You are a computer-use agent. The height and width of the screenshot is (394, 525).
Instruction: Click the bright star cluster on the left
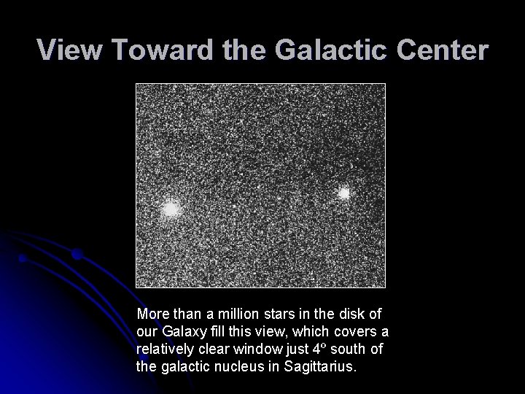(171, 209)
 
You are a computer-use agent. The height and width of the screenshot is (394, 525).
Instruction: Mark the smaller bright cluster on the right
(343, 193)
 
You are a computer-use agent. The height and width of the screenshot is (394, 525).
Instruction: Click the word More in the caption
(152, 314)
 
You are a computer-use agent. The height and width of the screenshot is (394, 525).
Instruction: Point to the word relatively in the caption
(165, 349)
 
